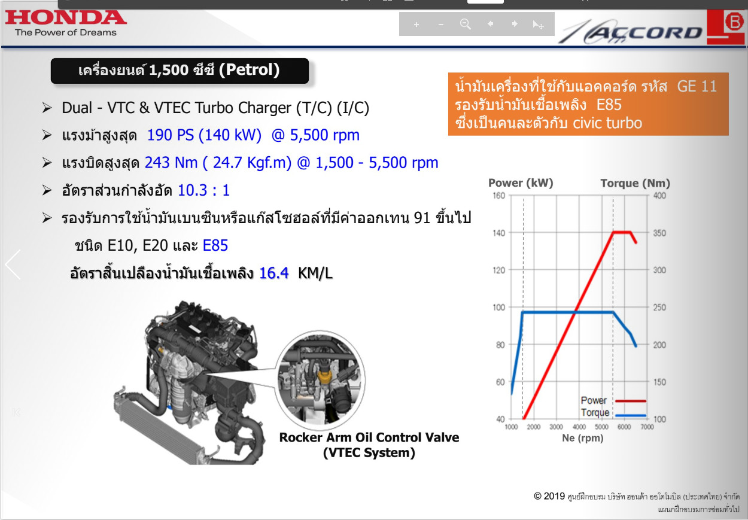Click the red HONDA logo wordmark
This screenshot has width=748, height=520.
coord(66,17)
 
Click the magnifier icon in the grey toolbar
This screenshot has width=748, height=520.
coord(465,24)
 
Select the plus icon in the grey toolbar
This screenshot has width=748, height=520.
coord(416,25)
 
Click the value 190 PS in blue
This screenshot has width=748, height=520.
coord(171,135)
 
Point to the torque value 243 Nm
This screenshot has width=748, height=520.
coord(171,163)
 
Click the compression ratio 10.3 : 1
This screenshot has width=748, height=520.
coord(203,190)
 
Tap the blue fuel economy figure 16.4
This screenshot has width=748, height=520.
coord(273,273)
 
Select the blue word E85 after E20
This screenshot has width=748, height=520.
coord(215,245)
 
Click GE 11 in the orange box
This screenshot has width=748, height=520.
coord(697,87)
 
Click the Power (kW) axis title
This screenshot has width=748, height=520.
coord(521,183)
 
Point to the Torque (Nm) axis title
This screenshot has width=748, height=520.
coord(635,183)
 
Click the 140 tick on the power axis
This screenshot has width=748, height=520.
coord(499,233)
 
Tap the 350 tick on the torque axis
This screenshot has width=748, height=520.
coord(659,233)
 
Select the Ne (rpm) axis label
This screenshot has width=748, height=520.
coord(583,438)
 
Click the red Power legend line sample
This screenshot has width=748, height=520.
coord(631,401)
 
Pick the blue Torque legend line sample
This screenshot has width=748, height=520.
coord(631,415)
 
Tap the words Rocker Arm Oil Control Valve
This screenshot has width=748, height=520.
coord(369,437)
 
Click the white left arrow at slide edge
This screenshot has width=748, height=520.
coord(13,264)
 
